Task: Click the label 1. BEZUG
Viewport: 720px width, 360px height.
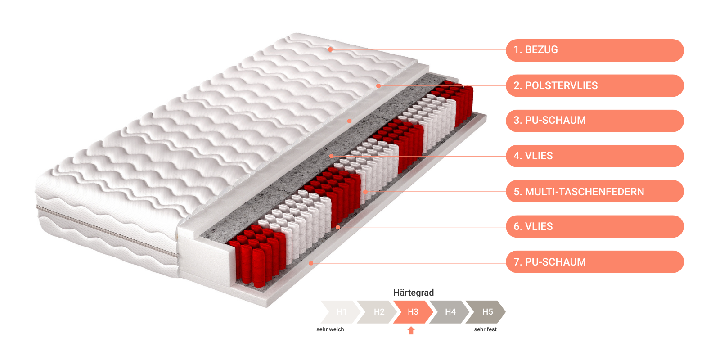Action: click(x=594, y=50)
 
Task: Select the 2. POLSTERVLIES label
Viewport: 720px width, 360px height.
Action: click(x=594, y=85)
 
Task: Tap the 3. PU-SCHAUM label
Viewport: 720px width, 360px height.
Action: click(x=594, y=121)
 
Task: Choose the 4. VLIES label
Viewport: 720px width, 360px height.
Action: click(x=594, y=156)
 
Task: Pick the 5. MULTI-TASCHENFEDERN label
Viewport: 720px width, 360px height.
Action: click(x=594, y=191)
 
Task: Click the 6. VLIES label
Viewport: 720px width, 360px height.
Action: click(x=594, y=227)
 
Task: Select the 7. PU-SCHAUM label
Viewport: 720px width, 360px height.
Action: click(x=594, y=261)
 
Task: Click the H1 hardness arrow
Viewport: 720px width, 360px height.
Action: click(x=341, y=312)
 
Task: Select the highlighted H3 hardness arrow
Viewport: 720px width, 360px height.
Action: click(x=414, y=312)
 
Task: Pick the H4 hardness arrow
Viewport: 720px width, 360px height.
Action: click(x=450, y=312)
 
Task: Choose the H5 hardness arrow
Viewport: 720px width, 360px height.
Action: click(x=486, y=312)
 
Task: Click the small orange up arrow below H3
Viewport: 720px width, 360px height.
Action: click(x=411, y=330)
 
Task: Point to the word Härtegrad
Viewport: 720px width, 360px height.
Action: click(x=414, y=292)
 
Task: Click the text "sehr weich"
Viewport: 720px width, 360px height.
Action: click(x=330, y=329)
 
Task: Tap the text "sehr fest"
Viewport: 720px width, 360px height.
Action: click(x=486, y=329)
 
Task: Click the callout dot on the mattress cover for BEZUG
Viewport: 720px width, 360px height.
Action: click(x=330, y=49)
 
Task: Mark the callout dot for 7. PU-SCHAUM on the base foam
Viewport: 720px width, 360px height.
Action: click(x=311, y=263)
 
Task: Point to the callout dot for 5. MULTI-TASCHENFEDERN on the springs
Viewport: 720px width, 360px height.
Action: click(x=365, y=192)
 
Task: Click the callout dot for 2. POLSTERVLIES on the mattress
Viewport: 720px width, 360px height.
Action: click(x=378, y=86)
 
